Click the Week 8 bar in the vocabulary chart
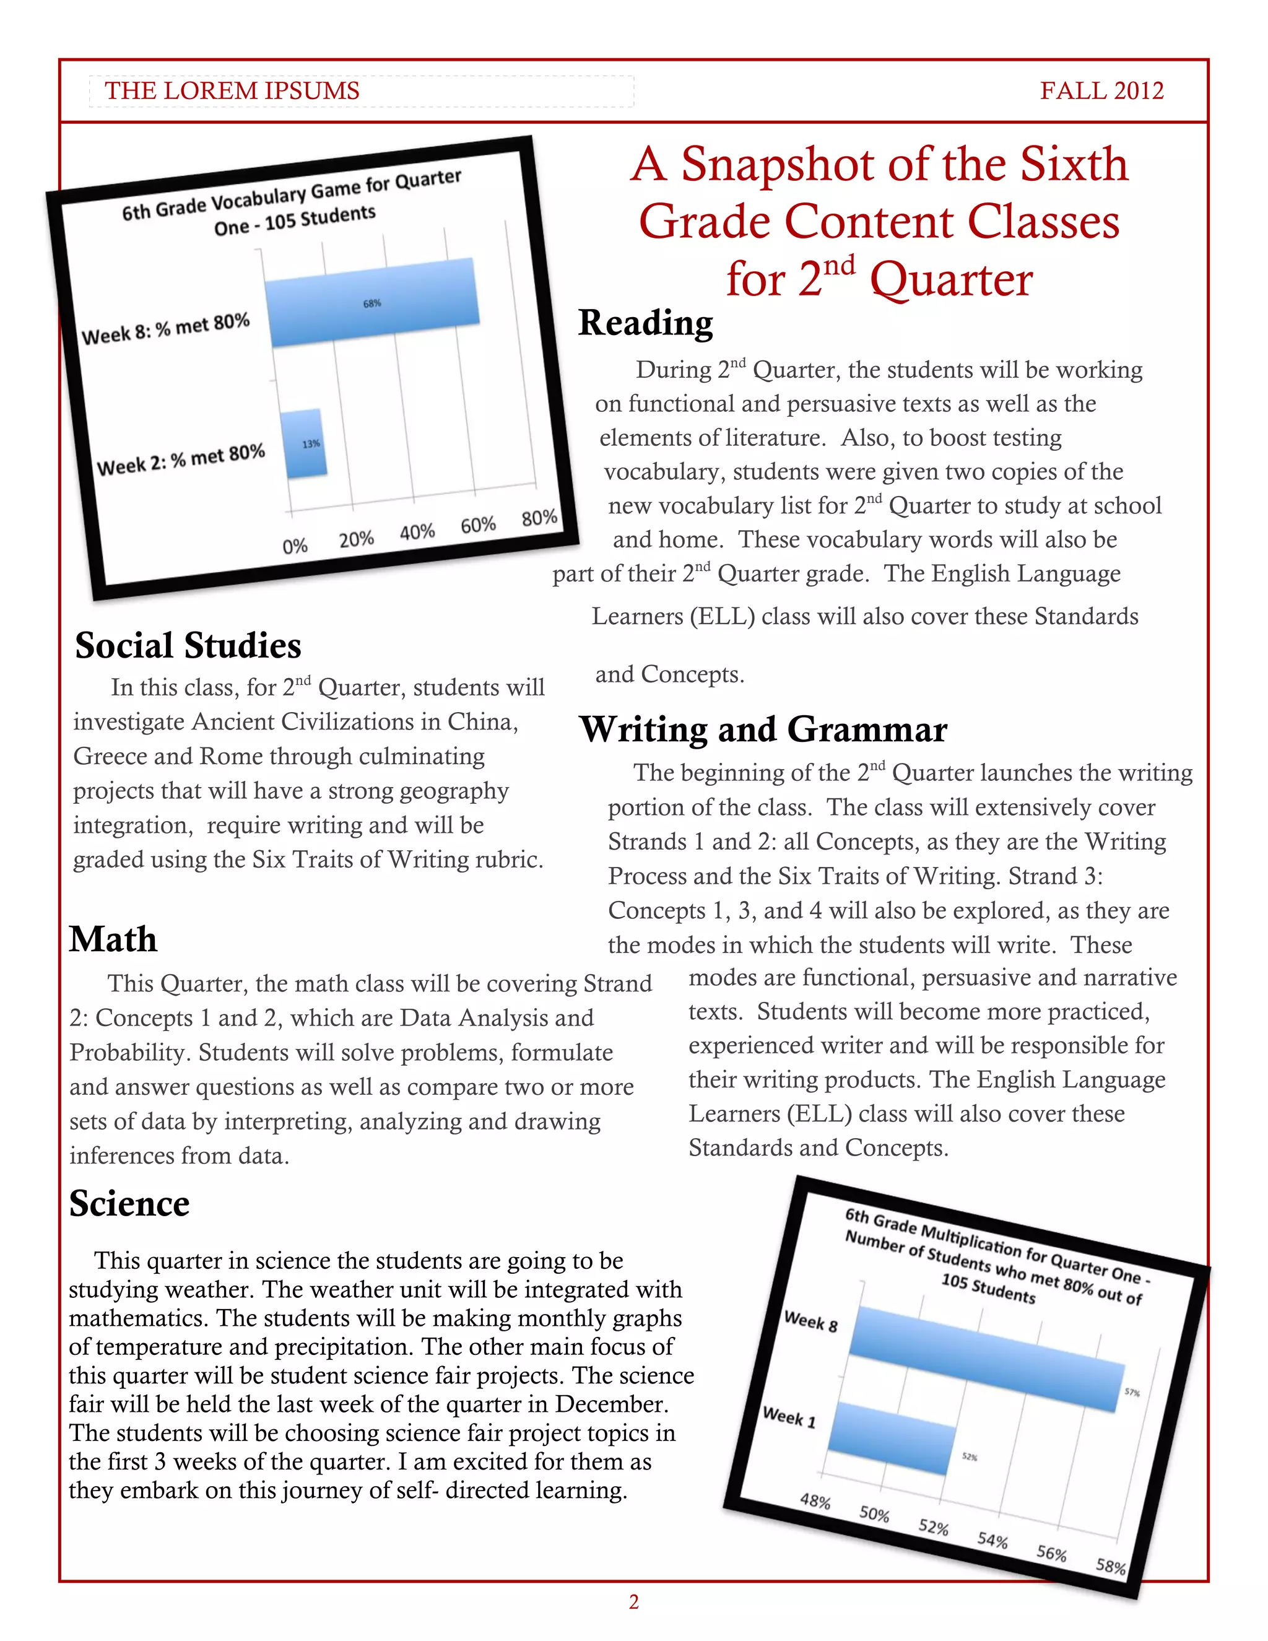pos(373,303)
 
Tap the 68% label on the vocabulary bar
pos(373,303)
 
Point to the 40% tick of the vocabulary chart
pos(418,532)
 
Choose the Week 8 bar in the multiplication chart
pos(987,1359)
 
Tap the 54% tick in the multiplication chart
pos(992,1540)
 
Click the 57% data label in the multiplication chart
pos(1132,1392)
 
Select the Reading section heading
pos(645,323)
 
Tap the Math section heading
pos(113,939)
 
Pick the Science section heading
pos(129,1204)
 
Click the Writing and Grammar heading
pos(763,729)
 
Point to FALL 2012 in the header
pos(1101,91)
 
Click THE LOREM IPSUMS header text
pos(232,91)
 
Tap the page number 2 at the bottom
pos(633,1602)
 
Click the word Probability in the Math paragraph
pos(127,1053)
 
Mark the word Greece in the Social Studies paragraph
pos(110,756)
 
